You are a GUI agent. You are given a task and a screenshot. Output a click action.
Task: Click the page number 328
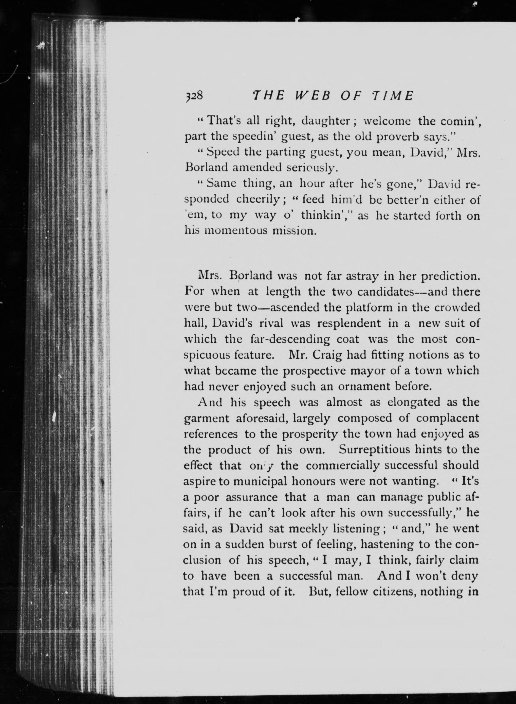pos(194,96)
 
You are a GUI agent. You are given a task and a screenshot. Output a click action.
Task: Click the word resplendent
pos(349,323)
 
